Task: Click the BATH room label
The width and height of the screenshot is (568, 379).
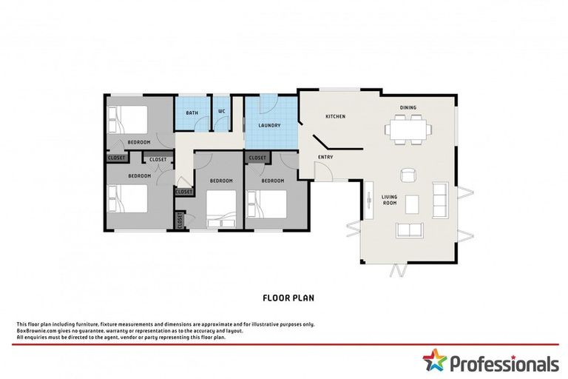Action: coord(192,113)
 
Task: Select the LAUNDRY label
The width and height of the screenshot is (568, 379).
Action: coord(269,125)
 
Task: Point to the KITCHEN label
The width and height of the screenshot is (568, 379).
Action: coord(336,117)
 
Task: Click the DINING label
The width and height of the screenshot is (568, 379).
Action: coord(408,107)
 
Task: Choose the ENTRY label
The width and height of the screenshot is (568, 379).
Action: coord(325,157)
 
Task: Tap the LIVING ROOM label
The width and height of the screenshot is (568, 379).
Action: coord(389,199)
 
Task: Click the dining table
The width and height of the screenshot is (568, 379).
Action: coord(408,130)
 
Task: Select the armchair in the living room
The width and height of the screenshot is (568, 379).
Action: coord(408,175)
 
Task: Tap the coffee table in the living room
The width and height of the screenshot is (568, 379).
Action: coord(411,202)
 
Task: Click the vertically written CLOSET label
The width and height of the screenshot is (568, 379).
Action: coord(180,220)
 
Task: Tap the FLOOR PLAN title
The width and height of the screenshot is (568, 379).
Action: coord(288,298)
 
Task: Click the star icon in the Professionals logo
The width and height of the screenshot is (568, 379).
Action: coord(436,363)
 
